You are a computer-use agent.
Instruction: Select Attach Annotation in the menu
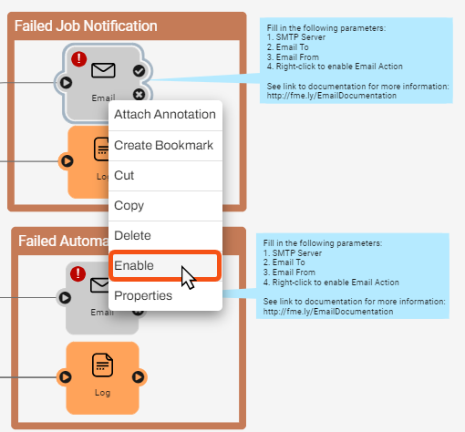pos(164,115)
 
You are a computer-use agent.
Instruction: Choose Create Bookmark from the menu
pos(164,145)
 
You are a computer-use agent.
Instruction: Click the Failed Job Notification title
pos(86,26)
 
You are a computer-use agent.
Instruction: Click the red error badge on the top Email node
pos(79,59)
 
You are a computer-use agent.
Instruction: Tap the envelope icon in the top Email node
pos(103,70)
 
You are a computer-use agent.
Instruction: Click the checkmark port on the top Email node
pos(139,70)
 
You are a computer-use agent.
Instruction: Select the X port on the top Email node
pos(139,94)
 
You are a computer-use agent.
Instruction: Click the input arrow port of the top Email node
pos(67,82)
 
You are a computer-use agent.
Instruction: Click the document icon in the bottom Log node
pos(103,365)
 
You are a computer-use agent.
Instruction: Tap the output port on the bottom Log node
pos(139,375)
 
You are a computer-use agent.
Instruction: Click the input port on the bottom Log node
pos(67,375)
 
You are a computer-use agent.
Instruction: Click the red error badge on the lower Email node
pos(78,273)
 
